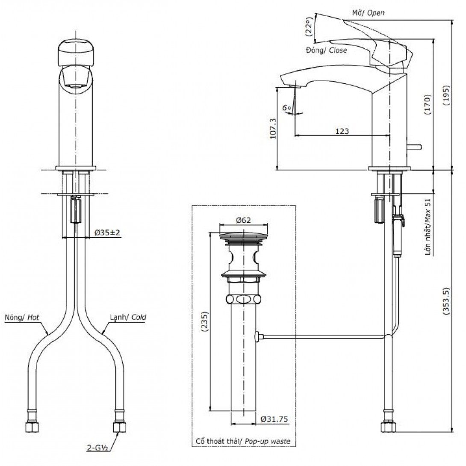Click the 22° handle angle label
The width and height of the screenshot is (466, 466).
[x=310, y=26]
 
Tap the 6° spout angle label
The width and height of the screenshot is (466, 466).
[x=287, y=108]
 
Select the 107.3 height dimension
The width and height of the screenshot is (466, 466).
[x=273, y=129]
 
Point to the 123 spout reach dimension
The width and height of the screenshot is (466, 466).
[x=342, y=131]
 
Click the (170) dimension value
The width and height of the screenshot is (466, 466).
[x=427, y=104]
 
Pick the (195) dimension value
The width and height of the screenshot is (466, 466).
[x=446, y=95]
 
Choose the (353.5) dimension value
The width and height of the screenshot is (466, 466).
[x=446, y=301]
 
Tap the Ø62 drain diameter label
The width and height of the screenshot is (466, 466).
[x=243, y=220]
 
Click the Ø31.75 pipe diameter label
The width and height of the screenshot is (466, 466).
[x=274, y=419]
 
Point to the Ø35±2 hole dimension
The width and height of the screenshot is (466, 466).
[x=107, y=233]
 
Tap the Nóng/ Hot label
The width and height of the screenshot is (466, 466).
[x=22, y=317]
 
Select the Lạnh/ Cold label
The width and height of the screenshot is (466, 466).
[x=128, y=317]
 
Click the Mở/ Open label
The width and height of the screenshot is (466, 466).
[x=368, y=13]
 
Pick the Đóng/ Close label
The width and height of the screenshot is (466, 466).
[x=327, y=50]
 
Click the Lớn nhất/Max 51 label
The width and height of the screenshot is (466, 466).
[x=428, y=227]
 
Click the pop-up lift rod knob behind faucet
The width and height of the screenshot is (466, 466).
[x=416, y=146]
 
